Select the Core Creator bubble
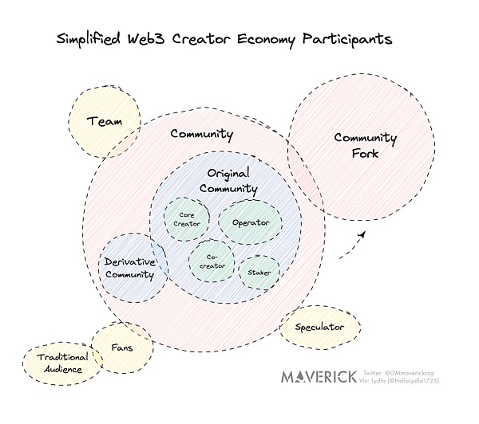click(187, 219)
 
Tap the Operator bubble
click(251, 222)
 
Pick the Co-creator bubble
click(212, 261)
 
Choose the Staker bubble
click(259, 272)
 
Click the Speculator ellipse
click(319, 328)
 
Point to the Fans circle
click(121, 347)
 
